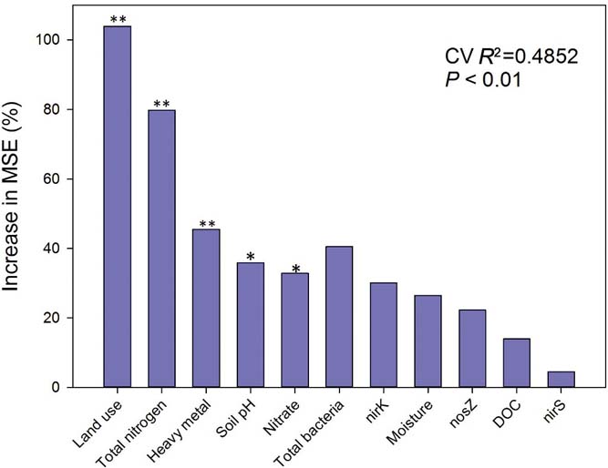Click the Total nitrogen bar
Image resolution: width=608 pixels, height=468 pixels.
click(161, 249)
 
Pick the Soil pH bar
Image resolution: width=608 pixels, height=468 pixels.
click(251, 325)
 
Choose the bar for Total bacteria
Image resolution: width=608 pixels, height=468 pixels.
click(339, 317)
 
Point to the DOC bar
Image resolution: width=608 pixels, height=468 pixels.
click(516, 363)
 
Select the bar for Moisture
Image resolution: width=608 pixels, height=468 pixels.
click(428, 341)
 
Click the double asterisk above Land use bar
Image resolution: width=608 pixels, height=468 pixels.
click(118, 19)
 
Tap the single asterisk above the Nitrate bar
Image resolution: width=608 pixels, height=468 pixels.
click(294, 268)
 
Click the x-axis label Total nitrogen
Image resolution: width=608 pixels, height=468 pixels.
click(137, 428)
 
